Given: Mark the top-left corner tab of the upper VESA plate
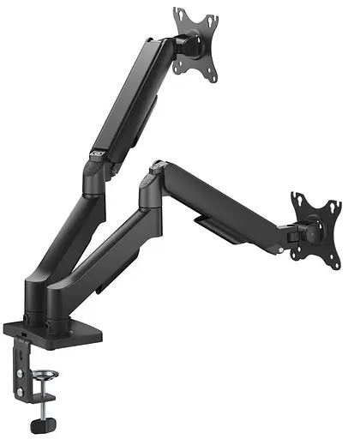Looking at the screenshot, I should (178, 14).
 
